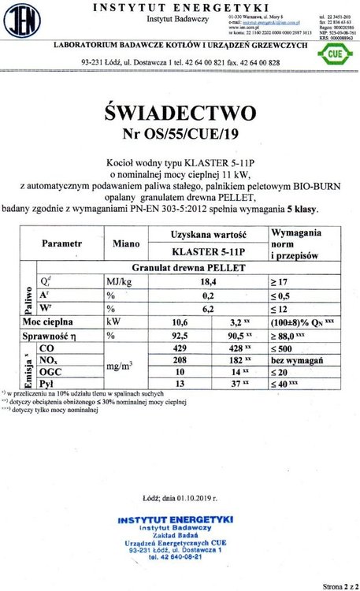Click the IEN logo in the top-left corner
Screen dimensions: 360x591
[26, 21]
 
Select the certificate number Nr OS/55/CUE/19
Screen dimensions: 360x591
[180, 132]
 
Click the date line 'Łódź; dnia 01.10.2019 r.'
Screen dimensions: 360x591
[180, 498]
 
